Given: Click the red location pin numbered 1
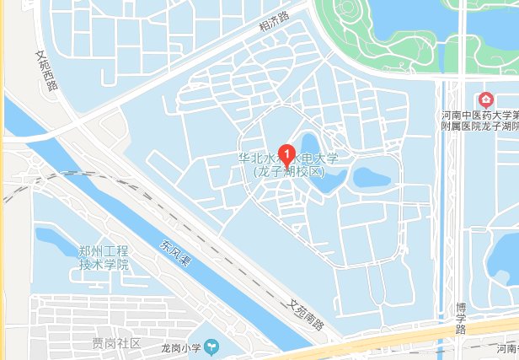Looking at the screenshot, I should click(287, 153).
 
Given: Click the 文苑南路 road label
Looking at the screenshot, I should click(304, 315).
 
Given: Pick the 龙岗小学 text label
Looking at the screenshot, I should click(179, 345).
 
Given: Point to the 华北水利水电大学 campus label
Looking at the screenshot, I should click(287, 159).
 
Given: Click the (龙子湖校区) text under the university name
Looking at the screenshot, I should click(288, 171).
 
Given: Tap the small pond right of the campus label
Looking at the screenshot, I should click(371, 177).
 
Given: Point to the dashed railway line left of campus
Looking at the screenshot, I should click(51, 180).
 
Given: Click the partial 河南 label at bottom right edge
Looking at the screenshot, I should click(506, 347).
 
